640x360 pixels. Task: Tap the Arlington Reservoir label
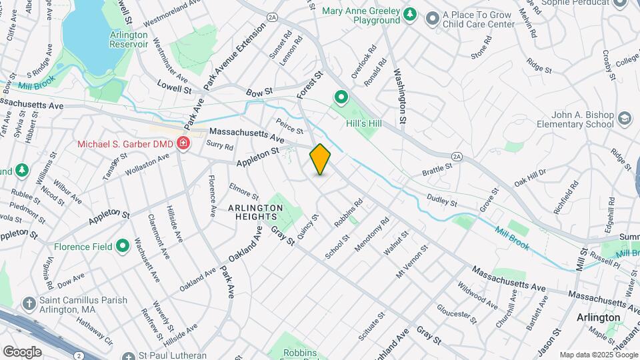129,39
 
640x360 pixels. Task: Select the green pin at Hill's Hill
341,99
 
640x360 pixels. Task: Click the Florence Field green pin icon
122,247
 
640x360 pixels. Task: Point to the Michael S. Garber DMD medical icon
182,143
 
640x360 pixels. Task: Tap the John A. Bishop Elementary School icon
624,119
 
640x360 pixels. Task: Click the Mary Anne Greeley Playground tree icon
411,15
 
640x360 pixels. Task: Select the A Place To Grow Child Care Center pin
432,18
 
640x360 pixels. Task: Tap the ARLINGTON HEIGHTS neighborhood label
256,212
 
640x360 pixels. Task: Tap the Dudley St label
442,200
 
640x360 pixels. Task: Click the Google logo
22,351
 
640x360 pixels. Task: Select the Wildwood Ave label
477,295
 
